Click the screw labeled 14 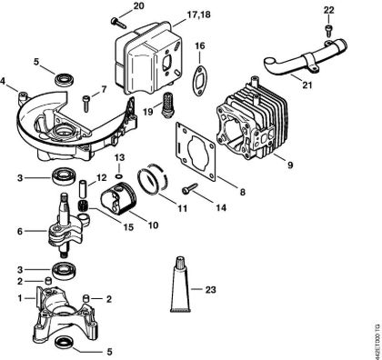coord(194,191)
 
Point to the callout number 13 coord(119,156)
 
